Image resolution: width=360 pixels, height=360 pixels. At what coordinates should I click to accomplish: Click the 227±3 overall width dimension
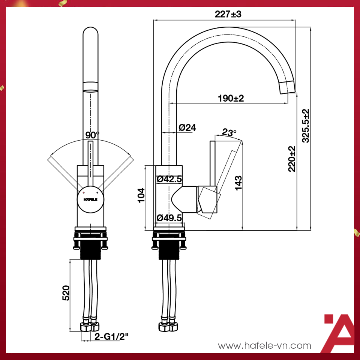click(x=228, y=15)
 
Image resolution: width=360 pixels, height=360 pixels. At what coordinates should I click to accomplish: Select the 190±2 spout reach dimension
click(x=231, y=98)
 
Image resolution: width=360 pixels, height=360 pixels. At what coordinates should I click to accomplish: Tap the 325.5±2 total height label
click(x=306, y=126)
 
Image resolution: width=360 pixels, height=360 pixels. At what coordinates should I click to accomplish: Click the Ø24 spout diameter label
click(x=187, y=127)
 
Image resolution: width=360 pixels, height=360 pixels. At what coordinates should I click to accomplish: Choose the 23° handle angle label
click(x=229, y=132)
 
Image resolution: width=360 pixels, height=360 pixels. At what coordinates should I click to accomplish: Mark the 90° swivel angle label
click(x=92, y=135)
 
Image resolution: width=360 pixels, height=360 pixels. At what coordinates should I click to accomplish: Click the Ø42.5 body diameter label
click(x=169, y=179)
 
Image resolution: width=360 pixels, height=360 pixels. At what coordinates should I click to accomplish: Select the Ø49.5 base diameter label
click(x=169, y=217)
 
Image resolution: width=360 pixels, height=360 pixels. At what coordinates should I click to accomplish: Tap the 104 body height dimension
click(x=141, y=195)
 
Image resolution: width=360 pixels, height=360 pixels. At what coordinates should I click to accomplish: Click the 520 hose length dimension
click(x=66, y=293)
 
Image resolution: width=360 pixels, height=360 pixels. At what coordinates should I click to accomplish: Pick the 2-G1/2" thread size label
click(x=111, y=336)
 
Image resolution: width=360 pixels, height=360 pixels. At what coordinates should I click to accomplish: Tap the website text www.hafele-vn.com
click(x=265, y=345)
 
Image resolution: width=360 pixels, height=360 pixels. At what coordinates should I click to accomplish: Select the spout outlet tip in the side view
click(x=288, y=87)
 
